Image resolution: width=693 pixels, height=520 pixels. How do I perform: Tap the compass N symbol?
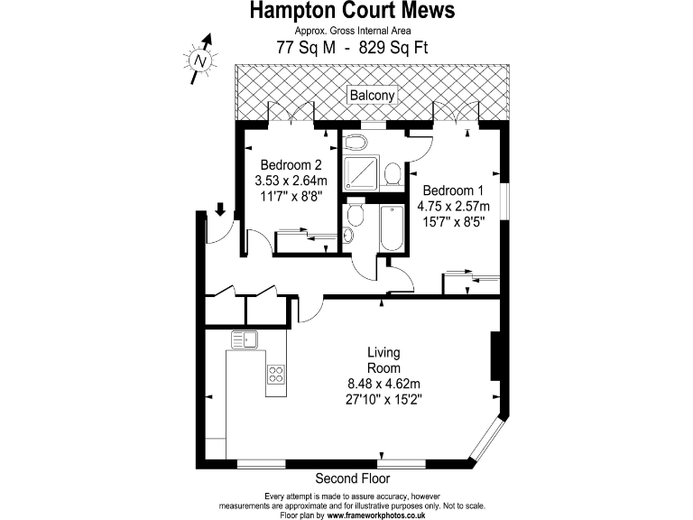coord(200,60)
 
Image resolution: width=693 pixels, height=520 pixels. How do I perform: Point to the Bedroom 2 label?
coord(291,166)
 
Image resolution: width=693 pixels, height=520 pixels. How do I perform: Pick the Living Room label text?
coord(383,360)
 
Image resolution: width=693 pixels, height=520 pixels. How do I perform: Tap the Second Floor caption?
coord(350,478)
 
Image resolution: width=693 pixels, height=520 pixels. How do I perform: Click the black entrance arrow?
coord(220,211)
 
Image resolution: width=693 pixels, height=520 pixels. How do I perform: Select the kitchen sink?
coord(244,340)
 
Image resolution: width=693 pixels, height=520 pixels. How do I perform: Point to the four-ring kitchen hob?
coord(275,373)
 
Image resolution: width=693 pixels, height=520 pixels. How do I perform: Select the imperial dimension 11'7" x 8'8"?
coord(291,196)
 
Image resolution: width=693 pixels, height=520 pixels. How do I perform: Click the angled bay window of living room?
coord(488,442)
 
